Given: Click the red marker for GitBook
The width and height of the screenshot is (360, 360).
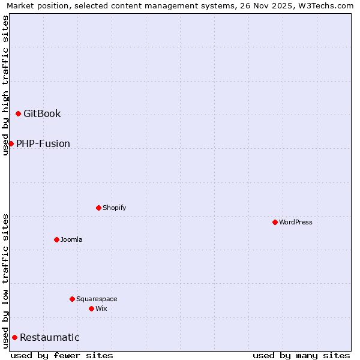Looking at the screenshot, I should tap(18, 113).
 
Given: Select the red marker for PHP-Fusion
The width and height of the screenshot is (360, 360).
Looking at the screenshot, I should tap(11, 143).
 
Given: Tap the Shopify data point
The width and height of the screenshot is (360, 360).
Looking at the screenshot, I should tap(98, 208).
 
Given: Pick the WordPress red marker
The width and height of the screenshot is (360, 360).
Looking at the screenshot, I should tap(275, 222).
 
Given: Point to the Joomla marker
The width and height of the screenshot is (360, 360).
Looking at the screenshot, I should tap(56, 239).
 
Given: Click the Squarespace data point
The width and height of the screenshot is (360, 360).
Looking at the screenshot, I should tap(72, 299).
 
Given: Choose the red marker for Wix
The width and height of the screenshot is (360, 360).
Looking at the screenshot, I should tap(91, 308).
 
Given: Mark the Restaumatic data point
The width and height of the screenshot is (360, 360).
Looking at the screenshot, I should tap(14, 337).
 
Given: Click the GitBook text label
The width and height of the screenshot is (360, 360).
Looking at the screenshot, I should tap(42, 114).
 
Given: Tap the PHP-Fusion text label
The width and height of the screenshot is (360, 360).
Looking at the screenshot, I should tap(43, 144).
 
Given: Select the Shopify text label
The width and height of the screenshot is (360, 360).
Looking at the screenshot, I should tap(114, 208).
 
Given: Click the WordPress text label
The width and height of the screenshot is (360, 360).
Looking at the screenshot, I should tap(296, 223).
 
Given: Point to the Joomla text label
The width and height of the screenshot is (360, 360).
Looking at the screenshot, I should tap(71, 240).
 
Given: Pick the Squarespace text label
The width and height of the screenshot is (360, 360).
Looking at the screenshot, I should tap(97, 299).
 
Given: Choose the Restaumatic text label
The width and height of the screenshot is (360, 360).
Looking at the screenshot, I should tap(50, 338).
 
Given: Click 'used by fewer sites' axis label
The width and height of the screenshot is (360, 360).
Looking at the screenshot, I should tap(62, 355).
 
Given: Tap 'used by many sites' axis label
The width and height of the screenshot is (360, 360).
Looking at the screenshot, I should tap(301, 355).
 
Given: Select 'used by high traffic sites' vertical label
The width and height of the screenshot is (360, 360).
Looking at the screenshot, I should tap(5, 85).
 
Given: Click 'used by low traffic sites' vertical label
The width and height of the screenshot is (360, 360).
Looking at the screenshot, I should tap(5, 281).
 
